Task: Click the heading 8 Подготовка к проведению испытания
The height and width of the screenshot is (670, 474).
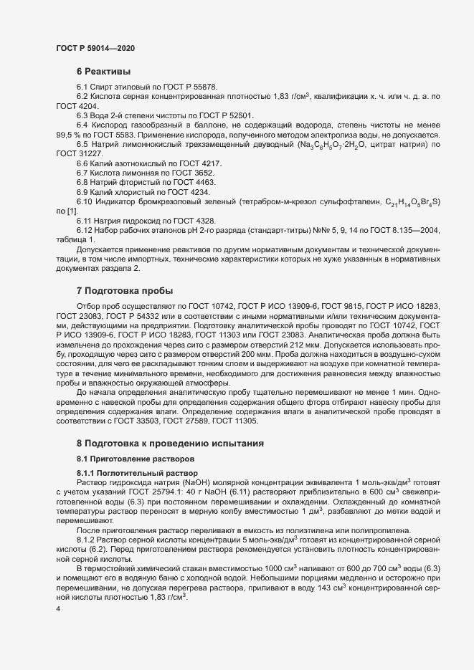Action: click(x=171, y=444)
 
